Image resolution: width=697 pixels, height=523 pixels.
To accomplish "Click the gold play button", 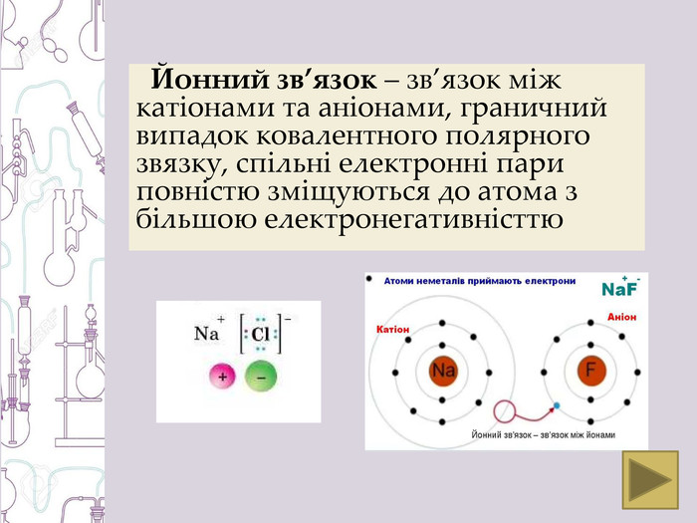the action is point(650,480).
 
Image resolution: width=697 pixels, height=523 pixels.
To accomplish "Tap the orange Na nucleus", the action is point(442,371).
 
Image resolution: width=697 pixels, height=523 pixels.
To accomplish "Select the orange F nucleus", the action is point(591,371).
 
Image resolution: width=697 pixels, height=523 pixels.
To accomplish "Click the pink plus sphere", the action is point(222,377).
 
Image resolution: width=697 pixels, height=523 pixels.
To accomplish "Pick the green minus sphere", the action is point(261,377).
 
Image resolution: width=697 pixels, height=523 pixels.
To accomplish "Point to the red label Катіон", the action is point(392,330).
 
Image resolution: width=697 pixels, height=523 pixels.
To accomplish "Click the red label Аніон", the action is point(622,317).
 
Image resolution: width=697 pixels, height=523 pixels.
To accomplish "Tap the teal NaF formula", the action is point(620,288).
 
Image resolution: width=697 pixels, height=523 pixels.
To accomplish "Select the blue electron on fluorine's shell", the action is point(556,405).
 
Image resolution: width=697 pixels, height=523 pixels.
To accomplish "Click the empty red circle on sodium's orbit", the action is point(504,410).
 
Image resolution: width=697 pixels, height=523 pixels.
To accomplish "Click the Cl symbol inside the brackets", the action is point(260,334).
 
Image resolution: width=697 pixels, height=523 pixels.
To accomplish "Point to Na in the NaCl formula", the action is point(206,333).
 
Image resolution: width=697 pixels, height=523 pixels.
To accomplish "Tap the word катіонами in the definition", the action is point(205,108).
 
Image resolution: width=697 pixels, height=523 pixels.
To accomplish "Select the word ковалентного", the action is point(347,136).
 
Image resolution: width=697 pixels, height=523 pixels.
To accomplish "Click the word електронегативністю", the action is point(414,219).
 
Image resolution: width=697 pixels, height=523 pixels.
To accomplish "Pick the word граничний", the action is point(533,109).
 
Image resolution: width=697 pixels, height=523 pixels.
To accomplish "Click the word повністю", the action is point(197,191).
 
